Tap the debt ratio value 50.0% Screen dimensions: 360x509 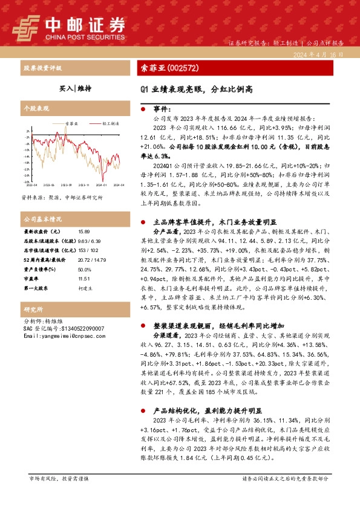tap(84, 270)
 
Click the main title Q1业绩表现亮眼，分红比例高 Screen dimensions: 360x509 tap(197, 88)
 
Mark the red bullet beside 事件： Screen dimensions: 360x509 tap(143, 109)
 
